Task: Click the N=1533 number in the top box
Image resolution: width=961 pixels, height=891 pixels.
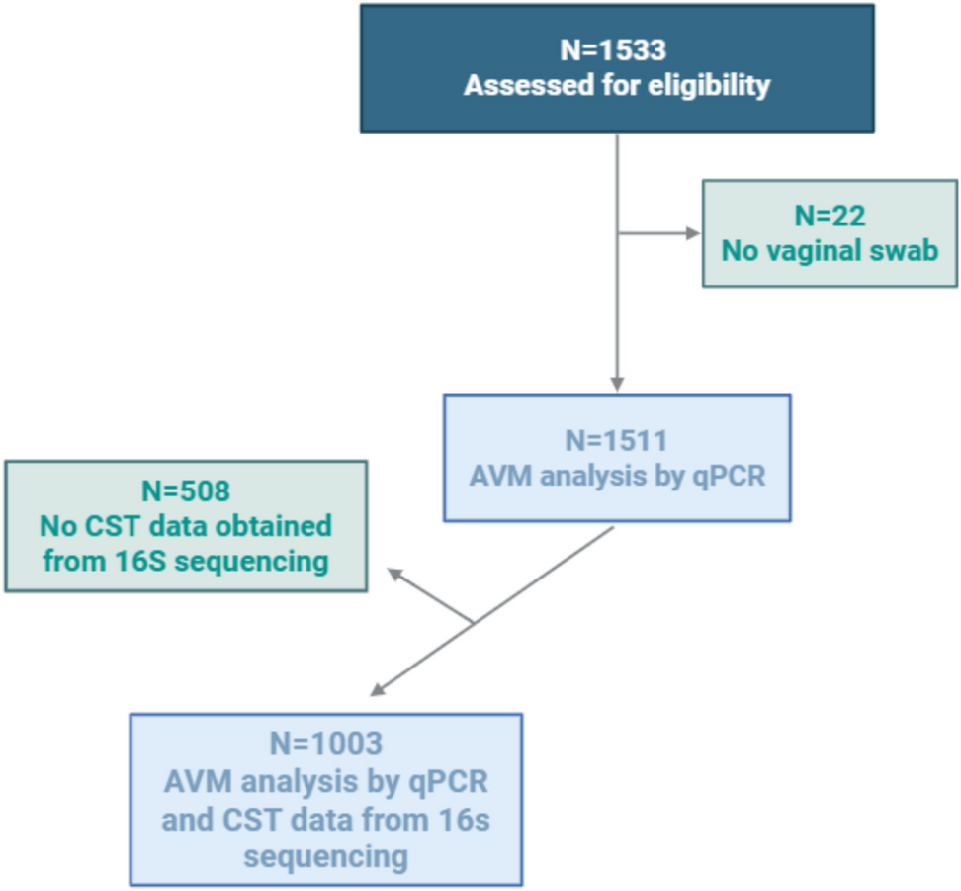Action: coord(616,48)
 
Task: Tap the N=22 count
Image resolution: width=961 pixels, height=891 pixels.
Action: coord(830,215)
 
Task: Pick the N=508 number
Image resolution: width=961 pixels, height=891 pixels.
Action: coord(185,490)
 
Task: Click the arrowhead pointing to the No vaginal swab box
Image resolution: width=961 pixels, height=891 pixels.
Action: coord(693,234)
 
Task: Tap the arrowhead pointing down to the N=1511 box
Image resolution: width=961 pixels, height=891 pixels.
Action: coord(617,384)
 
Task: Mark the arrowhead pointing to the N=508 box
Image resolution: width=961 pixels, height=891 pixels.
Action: coord(393,574)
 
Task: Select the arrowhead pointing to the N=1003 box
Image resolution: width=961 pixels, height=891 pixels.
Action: coord(377,690)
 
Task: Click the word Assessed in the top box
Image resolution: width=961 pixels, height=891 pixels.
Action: coord(522,85)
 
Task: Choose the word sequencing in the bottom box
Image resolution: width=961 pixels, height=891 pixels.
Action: coord(325,855)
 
